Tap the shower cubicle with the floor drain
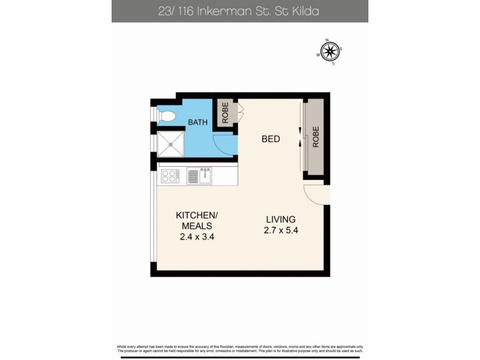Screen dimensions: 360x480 (170, 144)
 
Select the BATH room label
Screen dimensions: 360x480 (197, 122)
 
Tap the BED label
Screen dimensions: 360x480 (271, 139)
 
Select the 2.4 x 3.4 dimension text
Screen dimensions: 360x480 (197, 236)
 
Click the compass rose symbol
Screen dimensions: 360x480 (329, 52)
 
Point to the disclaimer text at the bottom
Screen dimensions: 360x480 (239, 349)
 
